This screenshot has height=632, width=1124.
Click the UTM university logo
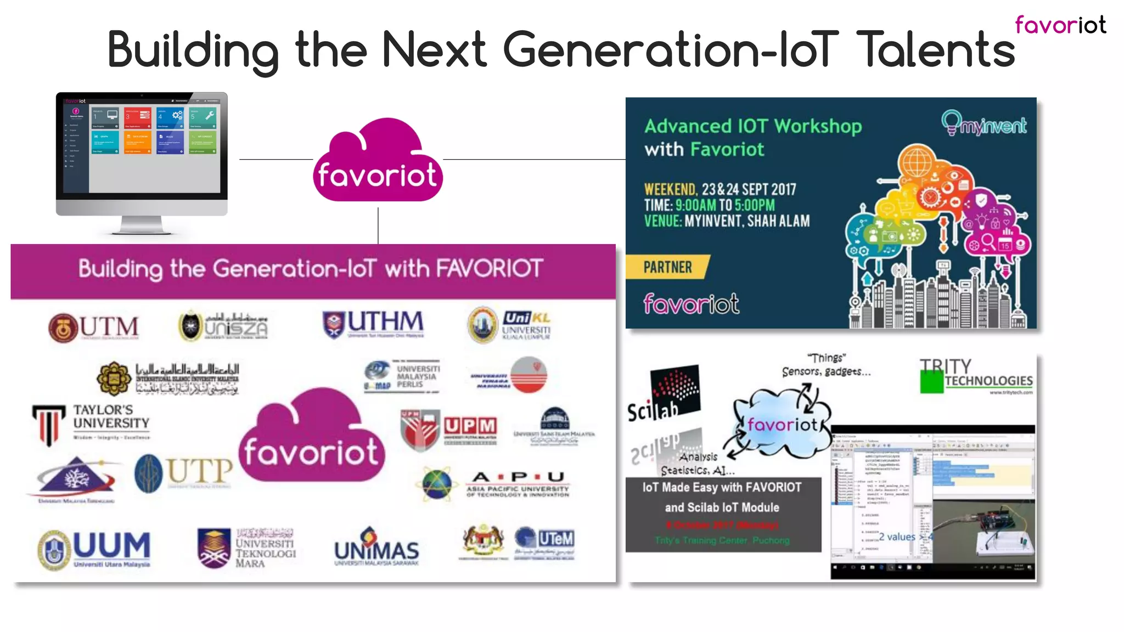coord(93,328)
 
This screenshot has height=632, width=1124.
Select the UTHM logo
coord(373,324)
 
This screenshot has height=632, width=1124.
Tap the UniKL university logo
coord(509,325)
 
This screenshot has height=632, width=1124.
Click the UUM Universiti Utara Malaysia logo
coord(94,549)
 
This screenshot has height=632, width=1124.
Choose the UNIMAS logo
coord(376,548)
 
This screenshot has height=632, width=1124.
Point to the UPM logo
coord(449,427)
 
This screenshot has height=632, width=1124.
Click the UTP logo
coord(183,473)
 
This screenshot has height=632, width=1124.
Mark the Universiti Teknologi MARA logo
coord(247,548)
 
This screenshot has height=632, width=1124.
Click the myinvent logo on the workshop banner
coord(984,124)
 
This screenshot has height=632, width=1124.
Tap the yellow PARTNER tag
coord(667,267)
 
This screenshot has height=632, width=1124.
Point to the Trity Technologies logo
coord(976,376)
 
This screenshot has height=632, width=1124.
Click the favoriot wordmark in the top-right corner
coord(1060,25)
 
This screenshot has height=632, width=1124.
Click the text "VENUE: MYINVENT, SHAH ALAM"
coord(727,221)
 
